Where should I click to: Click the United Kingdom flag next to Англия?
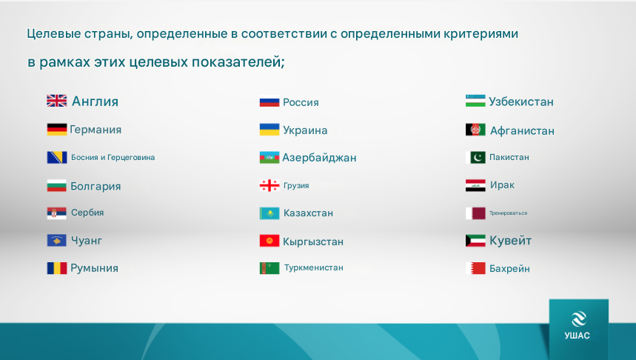57,101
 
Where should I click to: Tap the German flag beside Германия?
57,130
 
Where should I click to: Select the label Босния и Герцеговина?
113,158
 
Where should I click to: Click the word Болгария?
96,186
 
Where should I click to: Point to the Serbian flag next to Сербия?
57,213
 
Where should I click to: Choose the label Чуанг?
87,241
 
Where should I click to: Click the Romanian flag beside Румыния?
57,268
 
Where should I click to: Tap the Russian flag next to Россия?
270,101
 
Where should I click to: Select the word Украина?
305,130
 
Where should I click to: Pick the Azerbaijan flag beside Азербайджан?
270,158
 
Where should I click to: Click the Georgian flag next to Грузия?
270,185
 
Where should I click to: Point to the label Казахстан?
308,213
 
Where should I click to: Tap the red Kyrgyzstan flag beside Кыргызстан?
270,241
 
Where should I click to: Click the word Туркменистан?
313,268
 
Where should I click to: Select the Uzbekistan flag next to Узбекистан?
475,101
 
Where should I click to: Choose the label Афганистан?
523,130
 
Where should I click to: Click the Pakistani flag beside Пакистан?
475,157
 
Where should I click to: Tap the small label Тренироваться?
508,213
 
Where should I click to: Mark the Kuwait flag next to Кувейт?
475,241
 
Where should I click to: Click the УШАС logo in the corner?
579,326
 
